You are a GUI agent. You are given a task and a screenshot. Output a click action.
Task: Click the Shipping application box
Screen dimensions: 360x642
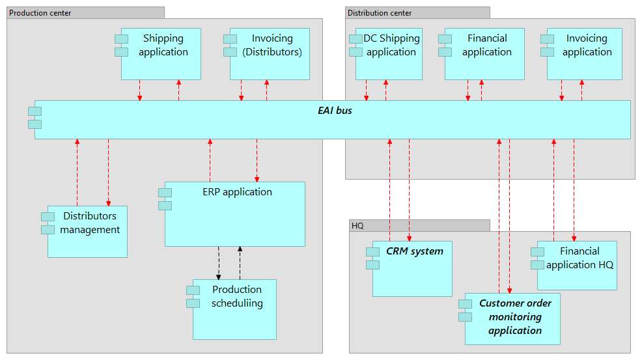click(161, 54)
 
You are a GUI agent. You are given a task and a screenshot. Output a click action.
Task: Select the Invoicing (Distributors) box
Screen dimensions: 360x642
click(270, 54)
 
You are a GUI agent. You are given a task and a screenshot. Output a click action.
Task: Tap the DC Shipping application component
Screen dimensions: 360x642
click(389, 54)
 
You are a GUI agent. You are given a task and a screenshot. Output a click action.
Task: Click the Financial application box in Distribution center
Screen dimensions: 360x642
click(485, 54)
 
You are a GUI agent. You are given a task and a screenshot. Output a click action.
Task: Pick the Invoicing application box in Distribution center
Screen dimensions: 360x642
click(585, 54)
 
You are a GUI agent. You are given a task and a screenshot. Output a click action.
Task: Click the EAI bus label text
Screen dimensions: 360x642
click(335, 111)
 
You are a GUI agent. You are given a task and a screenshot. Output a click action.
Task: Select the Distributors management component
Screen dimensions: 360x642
click(87, 231)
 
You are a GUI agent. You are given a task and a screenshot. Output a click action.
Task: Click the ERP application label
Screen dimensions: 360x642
click(237, 192)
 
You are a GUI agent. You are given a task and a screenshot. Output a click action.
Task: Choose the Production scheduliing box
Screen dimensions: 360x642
click(234, 309)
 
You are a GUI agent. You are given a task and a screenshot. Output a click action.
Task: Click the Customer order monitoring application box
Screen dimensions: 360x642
click(512, 318)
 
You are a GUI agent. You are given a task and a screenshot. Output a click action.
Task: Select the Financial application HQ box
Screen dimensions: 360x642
click(577, 265)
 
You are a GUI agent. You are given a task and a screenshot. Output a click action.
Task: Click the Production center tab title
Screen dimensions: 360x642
click(40, 13)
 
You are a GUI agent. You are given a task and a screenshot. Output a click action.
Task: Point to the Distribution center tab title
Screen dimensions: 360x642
click(380, 13)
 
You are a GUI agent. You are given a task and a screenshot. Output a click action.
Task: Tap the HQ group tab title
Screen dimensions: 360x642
click(357, 226)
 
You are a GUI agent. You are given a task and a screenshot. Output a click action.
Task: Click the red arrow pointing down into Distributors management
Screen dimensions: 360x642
click(108, 173)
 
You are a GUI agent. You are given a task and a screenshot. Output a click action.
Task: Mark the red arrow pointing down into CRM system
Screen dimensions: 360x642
click(409, 189)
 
